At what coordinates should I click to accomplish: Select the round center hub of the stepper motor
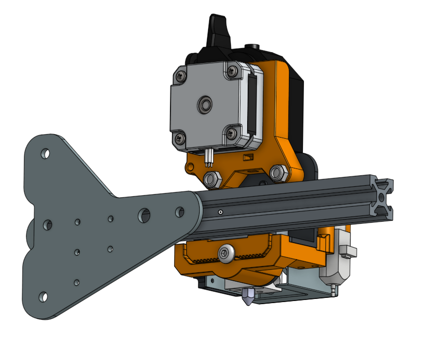204,105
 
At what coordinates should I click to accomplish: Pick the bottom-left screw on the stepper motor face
180,138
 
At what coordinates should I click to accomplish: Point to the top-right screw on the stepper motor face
231,68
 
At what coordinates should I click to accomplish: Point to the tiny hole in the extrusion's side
221,212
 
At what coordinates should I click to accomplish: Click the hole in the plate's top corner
45,154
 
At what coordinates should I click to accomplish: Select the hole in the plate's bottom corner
43,297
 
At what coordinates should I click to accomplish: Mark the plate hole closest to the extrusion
179,211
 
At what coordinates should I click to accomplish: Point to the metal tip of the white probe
332,291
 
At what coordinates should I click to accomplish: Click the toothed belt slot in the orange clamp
209,259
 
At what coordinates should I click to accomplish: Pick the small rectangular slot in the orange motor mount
249,157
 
